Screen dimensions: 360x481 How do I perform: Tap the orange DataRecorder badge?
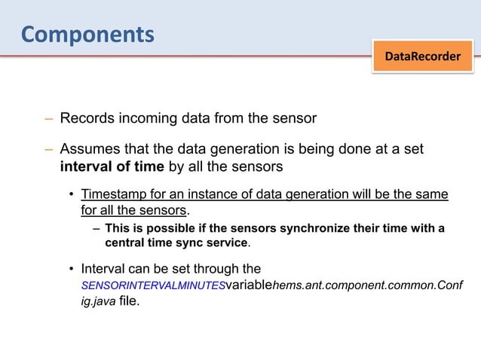(423, 56)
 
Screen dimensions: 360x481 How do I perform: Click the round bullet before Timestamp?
(72, 195)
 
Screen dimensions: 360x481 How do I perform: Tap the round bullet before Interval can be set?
(72, 269)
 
